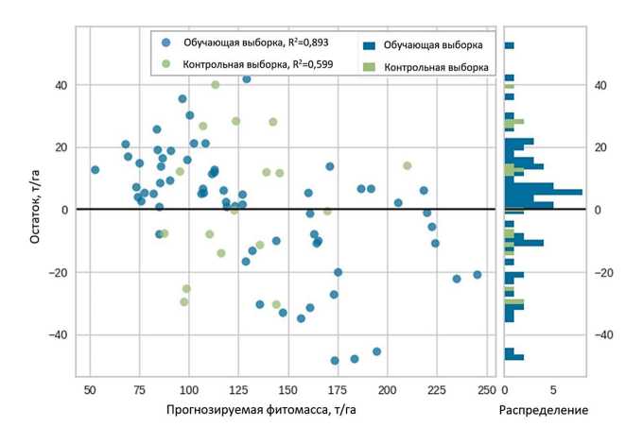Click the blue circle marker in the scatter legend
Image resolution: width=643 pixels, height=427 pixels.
pyautogui.click(x=167, y=43)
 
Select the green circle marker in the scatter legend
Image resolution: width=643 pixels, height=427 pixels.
pyautogui.click(x=167, y=64)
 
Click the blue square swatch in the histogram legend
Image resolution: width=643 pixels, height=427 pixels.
pyautogui.click(x=370, y=44)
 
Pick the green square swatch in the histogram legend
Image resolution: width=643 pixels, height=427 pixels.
pyautogui.click(x=370, y=67)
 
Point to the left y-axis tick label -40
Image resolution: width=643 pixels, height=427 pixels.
pyautogui.click(x=59, y=334)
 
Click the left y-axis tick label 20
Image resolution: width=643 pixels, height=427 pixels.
pyautogui.click(x=62, y=147)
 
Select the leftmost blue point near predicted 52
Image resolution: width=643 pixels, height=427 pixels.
pyautogui.click(x=95, y=170)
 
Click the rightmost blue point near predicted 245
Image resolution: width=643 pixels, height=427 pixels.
pyautogui.click(x=478, y=275)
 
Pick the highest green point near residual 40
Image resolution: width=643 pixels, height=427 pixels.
pyautogui.click(x=216, y=85)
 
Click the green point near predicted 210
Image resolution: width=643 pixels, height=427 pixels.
pyautogui.click(x=408, y=165)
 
